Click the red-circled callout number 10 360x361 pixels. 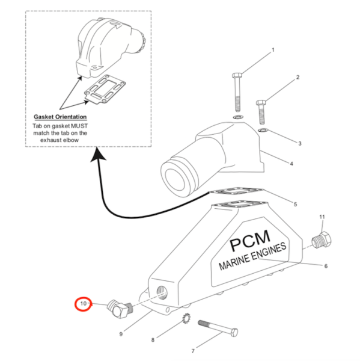(x=83, y=304)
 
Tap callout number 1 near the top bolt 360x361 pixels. (x=273, y=50)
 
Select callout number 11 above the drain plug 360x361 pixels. (x=322, y=217)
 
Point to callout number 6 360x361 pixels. (x=326, y=266)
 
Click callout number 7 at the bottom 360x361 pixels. (x=193, y=351)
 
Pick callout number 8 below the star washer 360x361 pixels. (x=153, y=340)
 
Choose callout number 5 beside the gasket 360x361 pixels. (x=295, y=204)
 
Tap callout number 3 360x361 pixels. (x=300, y=143)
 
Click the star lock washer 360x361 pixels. (x=186, y=318)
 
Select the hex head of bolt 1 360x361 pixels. (x=237, y=75)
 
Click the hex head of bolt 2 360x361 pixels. (x=261, y=102)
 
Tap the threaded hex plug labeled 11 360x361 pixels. (x=322, y=240)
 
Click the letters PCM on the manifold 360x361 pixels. (x=250, y=241)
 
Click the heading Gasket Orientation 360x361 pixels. (x=60, y=117)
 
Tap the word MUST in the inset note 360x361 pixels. (x=79, y=126)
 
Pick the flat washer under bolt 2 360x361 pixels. (x=263, y=131)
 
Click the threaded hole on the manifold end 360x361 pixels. (x=162, y=292)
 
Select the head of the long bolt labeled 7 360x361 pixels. (x=234, y=332)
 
